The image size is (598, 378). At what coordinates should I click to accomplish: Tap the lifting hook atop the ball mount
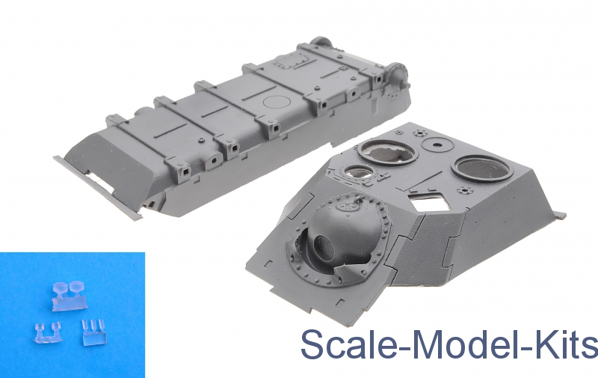point(357,200)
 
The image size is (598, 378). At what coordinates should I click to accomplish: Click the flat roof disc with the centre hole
point(437,144)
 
